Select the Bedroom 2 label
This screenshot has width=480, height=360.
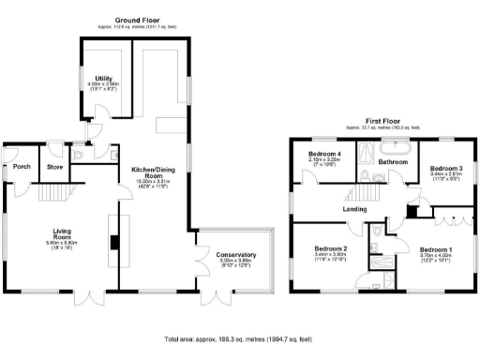coord(330,249)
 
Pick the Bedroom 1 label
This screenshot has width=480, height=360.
coord(436,249)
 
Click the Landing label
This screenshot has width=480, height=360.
coord(355,209)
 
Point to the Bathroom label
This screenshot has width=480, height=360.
coord(394,161)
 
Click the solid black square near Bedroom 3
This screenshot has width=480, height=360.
coord(409,211)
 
